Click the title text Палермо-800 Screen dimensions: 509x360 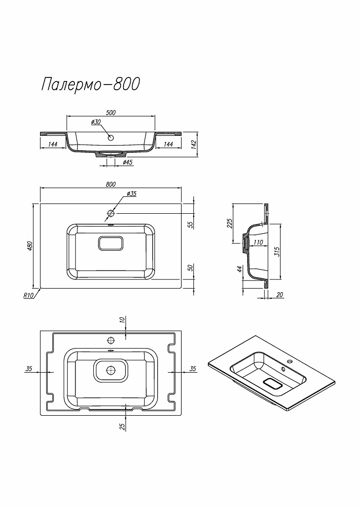tap(90, 84)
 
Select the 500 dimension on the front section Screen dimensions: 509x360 tap(111, 113)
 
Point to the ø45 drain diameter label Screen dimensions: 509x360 tap(128, 162)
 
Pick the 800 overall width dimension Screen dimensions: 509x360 tap(111, 185)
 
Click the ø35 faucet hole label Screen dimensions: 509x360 tap(131, 194)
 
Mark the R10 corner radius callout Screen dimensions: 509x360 tap(28, 295)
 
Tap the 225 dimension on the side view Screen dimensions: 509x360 tap(230, 223)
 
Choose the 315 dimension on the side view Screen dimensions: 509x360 tap(276, 252)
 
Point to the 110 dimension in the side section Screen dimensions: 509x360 tap(258, 242)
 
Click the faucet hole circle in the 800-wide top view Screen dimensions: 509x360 tap(111, 212)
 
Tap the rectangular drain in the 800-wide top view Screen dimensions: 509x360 tap(111, 243)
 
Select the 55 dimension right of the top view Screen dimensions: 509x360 tap(189, 224)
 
